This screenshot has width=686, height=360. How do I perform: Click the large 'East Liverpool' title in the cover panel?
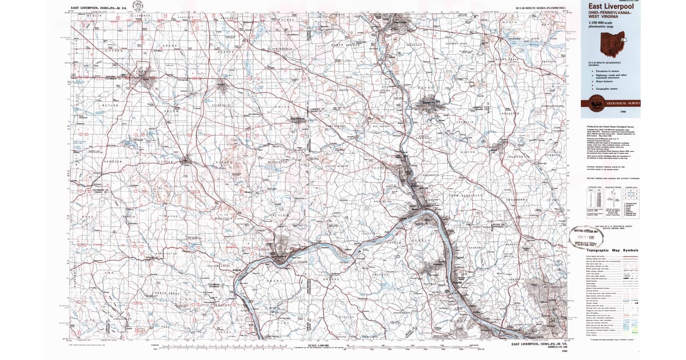pos(607,6)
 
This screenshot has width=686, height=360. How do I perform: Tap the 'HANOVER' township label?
pos(113,161)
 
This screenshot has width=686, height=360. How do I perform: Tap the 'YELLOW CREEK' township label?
pos(219,266)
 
